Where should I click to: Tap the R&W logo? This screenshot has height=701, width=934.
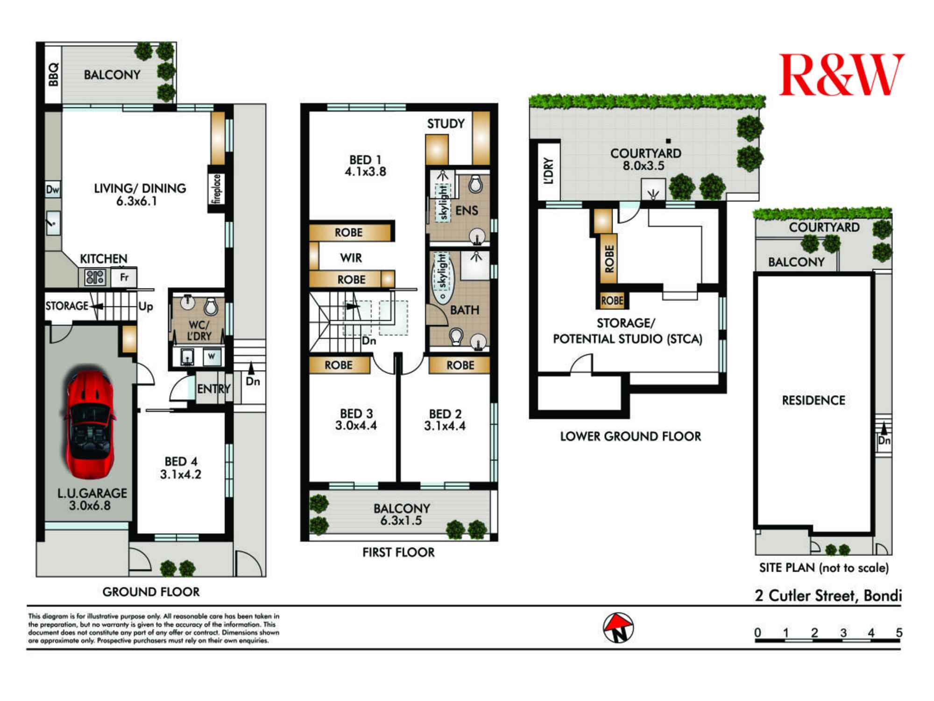[x=841, y=75]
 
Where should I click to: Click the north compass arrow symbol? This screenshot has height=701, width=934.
[x=618, y=628]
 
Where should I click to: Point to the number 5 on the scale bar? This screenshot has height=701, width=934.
[x=899, y=633]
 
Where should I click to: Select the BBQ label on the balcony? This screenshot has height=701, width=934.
[x=53, y=74]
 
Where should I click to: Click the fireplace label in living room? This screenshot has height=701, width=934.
[x=216, y=188]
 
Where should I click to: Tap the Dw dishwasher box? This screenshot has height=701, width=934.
[x=53, y=189]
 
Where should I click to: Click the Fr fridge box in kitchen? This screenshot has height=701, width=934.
[x=124, y=277]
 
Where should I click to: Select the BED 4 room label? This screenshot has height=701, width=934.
[x=181, y=461]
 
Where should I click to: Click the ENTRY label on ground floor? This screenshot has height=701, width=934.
[x=213, y=389]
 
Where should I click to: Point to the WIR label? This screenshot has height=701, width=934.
[x=351, y=258]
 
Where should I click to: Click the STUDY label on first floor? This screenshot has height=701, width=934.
[x=446, y=124]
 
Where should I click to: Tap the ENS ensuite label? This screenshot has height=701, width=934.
[x=466, y=211]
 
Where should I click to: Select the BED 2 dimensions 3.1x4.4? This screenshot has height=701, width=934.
[x=445, y=426]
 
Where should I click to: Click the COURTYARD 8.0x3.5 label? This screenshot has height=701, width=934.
[x=645, y=159]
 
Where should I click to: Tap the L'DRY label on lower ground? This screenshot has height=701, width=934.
[x=549, y=171]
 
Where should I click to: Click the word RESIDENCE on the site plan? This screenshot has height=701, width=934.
[x=814, y=401]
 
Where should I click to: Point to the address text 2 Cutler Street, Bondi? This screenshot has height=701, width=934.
[x=828, y=596]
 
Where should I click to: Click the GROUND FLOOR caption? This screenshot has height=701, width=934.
[x=151, y=592]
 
